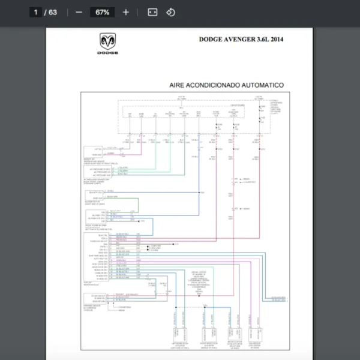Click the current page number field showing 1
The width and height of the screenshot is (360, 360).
(36, 12)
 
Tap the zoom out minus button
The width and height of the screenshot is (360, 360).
(79, 12)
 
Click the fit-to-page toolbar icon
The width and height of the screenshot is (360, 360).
(152, 12)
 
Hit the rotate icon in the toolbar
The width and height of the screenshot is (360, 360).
(170, 12)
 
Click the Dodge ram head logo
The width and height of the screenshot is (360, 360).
(108, 42)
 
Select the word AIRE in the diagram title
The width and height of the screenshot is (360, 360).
(178, 85)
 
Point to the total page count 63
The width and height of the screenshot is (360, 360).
(53, 12)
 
